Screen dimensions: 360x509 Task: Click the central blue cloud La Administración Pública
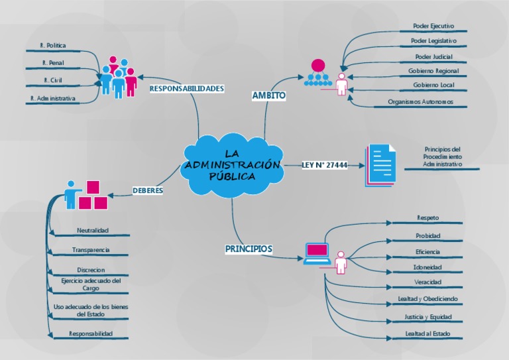(x=231, y=166)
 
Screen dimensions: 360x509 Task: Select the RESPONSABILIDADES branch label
(x=187, y=88)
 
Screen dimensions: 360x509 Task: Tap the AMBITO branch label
(x=268, y=95)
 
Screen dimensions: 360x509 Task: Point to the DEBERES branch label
(x=148, y=190)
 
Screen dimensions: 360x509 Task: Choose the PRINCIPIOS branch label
(x=249, y=249)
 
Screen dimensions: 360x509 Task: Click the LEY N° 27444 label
(x=325, y=165)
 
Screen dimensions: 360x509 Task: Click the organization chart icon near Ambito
(x=318, y=74)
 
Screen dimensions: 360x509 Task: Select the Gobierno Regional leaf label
(x=433, y=70)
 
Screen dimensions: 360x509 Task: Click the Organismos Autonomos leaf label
(x=430, y=102)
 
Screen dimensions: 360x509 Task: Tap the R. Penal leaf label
(x=52, y=63)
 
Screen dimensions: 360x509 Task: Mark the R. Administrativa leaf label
(x=53, y=98)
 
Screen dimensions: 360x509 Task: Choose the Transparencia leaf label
(x=91, y=250)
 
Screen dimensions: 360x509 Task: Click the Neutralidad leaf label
(x=92, y=230)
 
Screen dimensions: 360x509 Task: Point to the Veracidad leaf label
(x=427, y=282)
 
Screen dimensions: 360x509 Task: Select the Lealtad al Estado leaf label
(x=427, y=333)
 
